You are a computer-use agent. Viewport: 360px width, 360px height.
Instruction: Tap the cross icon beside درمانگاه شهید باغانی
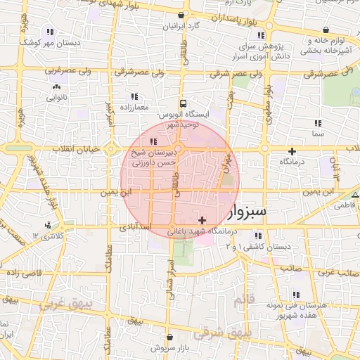202,221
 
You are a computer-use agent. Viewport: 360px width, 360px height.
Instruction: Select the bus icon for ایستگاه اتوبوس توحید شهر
182,102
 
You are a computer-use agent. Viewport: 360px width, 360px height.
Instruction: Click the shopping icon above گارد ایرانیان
181,15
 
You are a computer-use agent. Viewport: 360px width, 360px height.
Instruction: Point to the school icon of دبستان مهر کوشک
49,32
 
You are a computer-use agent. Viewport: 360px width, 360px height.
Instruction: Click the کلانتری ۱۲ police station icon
48,225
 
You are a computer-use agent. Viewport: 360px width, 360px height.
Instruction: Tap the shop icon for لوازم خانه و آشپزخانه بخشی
327,30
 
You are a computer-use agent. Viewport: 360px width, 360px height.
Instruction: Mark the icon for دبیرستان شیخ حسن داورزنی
145,142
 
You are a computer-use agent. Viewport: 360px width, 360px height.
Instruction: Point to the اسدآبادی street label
133,227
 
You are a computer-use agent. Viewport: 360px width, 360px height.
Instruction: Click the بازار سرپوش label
155,348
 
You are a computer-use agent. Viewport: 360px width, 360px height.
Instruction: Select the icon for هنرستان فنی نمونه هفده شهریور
296,295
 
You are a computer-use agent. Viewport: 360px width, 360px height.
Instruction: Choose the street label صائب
288,268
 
